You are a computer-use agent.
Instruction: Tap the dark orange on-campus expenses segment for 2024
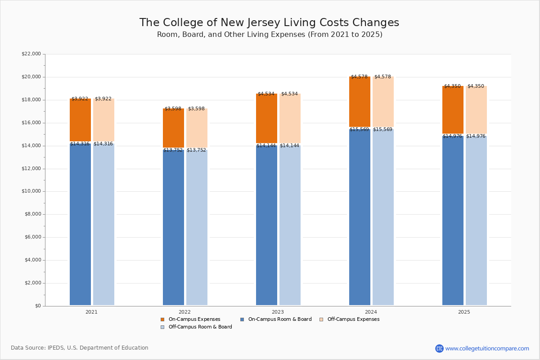coord(360,102)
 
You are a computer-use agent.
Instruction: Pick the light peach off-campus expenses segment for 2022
coord(197,128)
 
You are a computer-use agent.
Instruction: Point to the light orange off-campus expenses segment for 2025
coord(476,110)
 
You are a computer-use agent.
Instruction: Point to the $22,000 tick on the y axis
coord(31,54)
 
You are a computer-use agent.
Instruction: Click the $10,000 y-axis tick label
coord(31,191)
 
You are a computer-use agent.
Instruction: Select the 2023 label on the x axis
coord(278,312)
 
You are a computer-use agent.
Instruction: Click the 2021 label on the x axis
coord(91,312)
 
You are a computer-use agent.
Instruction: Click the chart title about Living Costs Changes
coord(269,23)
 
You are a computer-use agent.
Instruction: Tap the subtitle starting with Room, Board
coord(269,35)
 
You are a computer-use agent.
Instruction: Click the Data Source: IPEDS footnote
coord(80,348)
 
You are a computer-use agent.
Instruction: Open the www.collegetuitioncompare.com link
coord(487,348)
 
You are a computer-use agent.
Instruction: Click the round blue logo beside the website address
coord(439,348)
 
